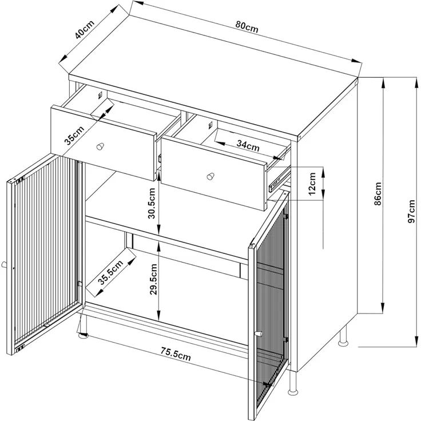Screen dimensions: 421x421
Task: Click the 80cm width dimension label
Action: pyautogui.click(x=247, y=27)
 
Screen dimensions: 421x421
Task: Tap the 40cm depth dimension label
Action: pyautogui.click(x=85, y=29)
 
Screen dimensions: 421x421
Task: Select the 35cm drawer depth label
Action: pyautogui.click(x=75, y=135)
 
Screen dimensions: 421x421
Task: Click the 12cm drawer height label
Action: pyautogui.click(x=312, y=184)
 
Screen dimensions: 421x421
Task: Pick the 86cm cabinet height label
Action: pyautogui.click(x=378, y=193)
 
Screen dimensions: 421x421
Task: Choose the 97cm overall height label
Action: pyautogui.click(x=411, y=211)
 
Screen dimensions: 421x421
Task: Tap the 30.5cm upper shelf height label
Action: pyautogui.click(x=152, y=203)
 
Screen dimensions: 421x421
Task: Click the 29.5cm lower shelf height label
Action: pyautogui.click(x=153, y=279)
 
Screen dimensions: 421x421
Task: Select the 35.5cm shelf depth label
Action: pyautogui.click(x=110, y=272)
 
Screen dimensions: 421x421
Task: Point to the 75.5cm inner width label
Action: pyautogui.click(x=176, y=354)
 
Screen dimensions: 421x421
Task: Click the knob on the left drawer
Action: pyautogui.click(x=100, y=146)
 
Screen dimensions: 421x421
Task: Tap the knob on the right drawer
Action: pyautogui.click(x=210, y=176)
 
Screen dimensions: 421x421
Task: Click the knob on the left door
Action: pyautogui.click(x=4, y=264)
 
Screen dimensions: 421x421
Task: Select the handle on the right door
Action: pyautogui.click(x=259, y=333)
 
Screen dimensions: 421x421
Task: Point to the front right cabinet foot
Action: pyautogui.click(x=293, y=383)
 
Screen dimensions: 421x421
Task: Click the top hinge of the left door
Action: pyautogui.click(x=19, y=180)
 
